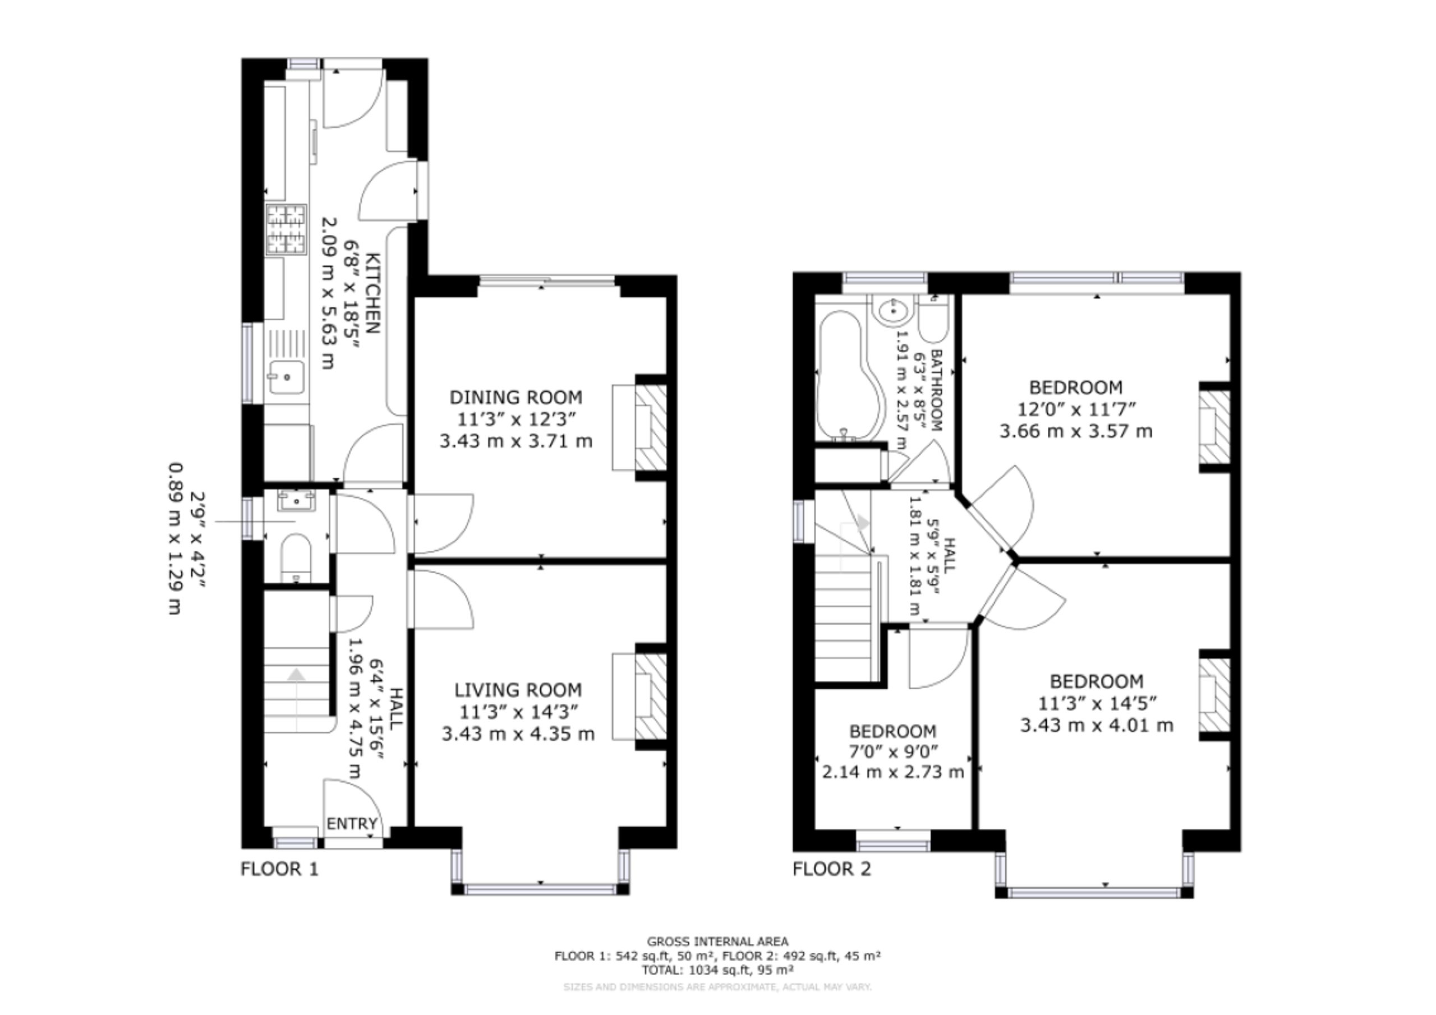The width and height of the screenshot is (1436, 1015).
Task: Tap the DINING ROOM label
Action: (x=516, y=397)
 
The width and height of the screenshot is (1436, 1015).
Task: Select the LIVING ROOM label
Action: (x=518, y=690)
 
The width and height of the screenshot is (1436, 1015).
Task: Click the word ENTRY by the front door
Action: (x=352, y=824)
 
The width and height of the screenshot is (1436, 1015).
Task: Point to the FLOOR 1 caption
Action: (x=279, y=869)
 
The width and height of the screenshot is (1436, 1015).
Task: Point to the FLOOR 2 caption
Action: (x=832, y=869)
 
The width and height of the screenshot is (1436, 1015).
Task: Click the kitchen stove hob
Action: (x=287, y=229)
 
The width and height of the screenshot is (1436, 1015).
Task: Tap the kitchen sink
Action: (x=286, y=377)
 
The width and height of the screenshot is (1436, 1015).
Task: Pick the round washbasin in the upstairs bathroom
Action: (x=893, y=310)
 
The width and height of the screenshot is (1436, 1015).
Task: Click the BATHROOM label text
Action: (x=936, y=390)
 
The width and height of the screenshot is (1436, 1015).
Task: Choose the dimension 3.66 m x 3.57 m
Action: (x=1076, y=431)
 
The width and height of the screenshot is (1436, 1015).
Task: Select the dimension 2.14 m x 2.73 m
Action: (x=892, y=772)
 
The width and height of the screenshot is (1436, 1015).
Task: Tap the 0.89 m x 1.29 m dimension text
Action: (x=176, y=538)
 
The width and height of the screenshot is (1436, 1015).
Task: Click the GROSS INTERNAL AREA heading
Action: (x=717, y=941)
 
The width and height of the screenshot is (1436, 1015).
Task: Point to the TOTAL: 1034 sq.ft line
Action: (x=717, y=970)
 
